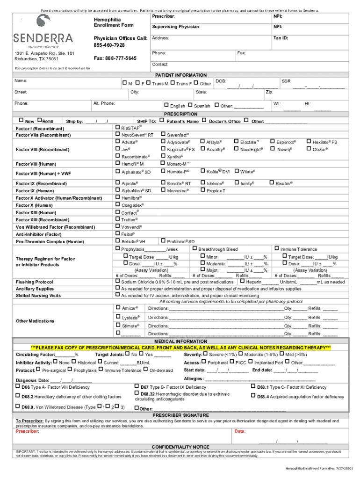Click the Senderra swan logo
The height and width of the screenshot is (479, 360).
coord(43,22)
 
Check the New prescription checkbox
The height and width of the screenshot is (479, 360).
coord(21,121)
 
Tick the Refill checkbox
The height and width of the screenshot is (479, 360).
coord(39,121)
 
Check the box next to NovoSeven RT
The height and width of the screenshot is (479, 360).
coord(117,134)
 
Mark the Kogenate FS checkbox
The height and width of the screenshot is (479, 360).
coord(163,149)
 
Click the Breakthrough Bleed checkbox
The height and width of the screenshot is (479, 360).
coord(194,248)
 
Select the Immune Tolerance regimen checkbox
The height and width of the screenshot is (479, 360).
coord(276,248)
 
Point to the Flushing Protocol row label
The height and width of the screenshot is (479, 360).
coord(35,282)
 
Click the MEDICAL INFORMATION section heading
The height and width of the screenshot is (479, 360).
coord(180,341)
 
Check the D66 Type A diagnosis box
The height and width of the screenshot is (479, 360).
coord(18,387)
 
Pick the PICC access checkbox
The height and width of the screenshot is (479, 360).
coord(231,362)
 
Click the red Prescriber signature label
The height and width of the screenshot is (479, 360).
coord(28,431)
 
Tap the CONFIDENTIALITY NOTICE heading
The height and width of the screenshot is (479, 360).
coord(180,447)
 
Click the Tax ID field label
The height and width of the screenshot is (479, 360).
coord(281,38)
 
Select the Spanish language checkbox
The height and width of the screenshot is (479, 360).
coord(190,106)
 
